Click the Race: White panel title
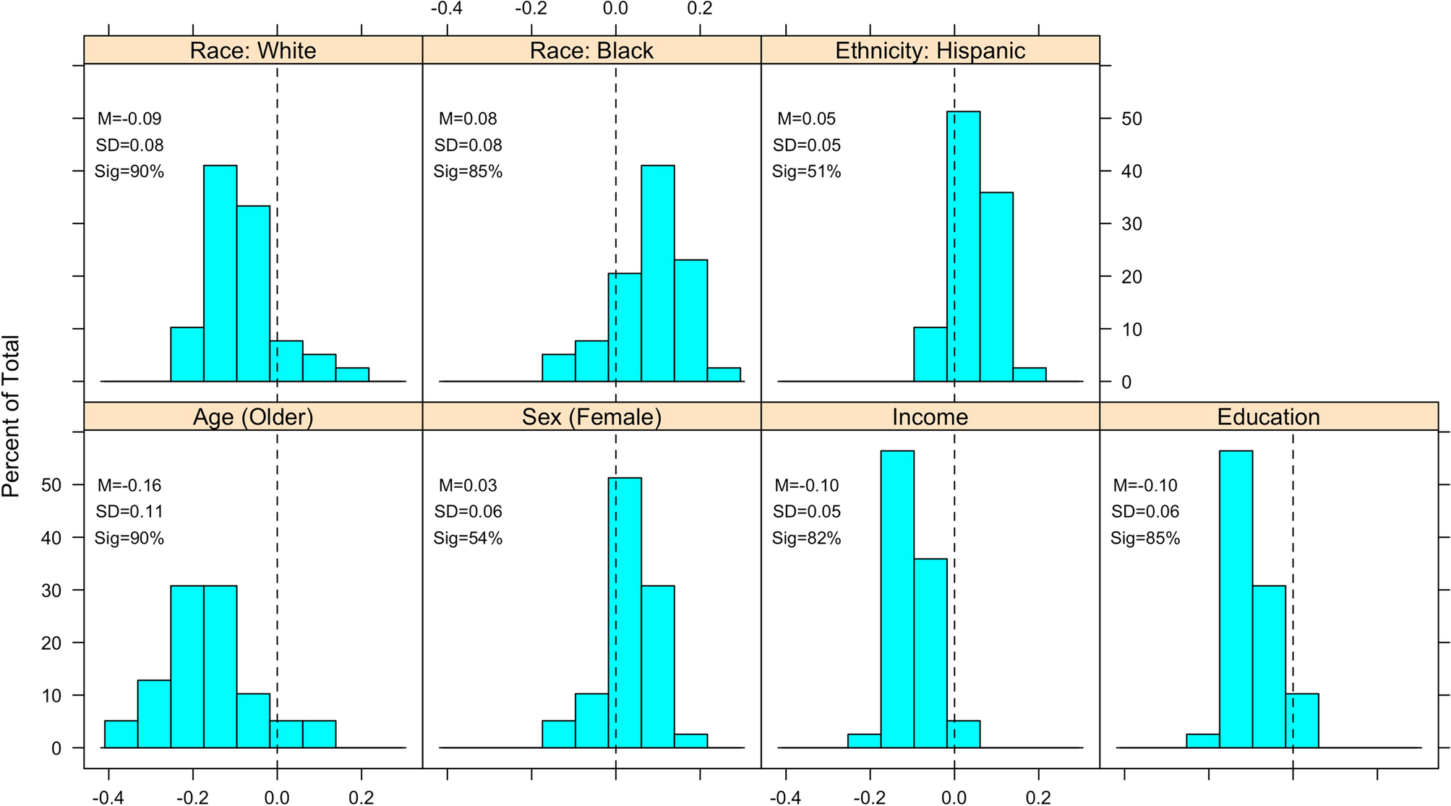(x=253, y=51)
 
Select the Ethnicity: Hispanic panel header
(x=930, y=51)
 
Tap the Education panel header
(x=1268, y=417)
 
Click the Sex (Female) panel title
(x=591, y=417)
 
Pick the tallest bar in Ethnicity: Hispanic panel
(x=963, y=246)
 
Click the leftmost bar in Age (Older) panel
(x=121, y=734)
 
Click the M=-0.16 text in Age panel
(x=129, y=485)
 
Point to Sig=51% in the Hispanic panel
(x=806, y=172)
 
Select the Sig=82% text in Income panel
(x=806, y=539)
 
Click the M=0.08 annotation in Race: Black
(x=468, y=119)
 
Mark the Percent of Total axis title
(x=11, y=416)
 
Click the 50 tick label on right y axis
(x=1131, y=119)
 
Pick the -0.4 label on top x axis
(x=446, y=9)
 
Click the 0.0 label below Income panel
(x=954, y=798)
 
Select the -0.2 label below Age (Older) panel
(x=192, y=798)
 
